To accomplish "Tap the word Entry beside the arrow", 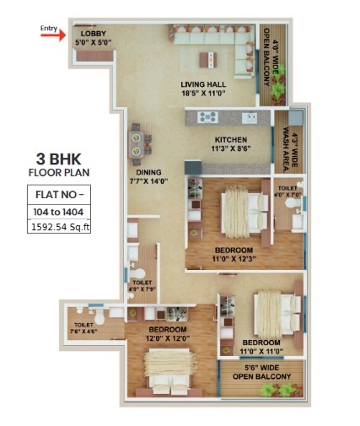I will tap(50, 26).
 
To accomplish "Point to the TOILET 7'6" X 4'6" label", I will tap(83, 328).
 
